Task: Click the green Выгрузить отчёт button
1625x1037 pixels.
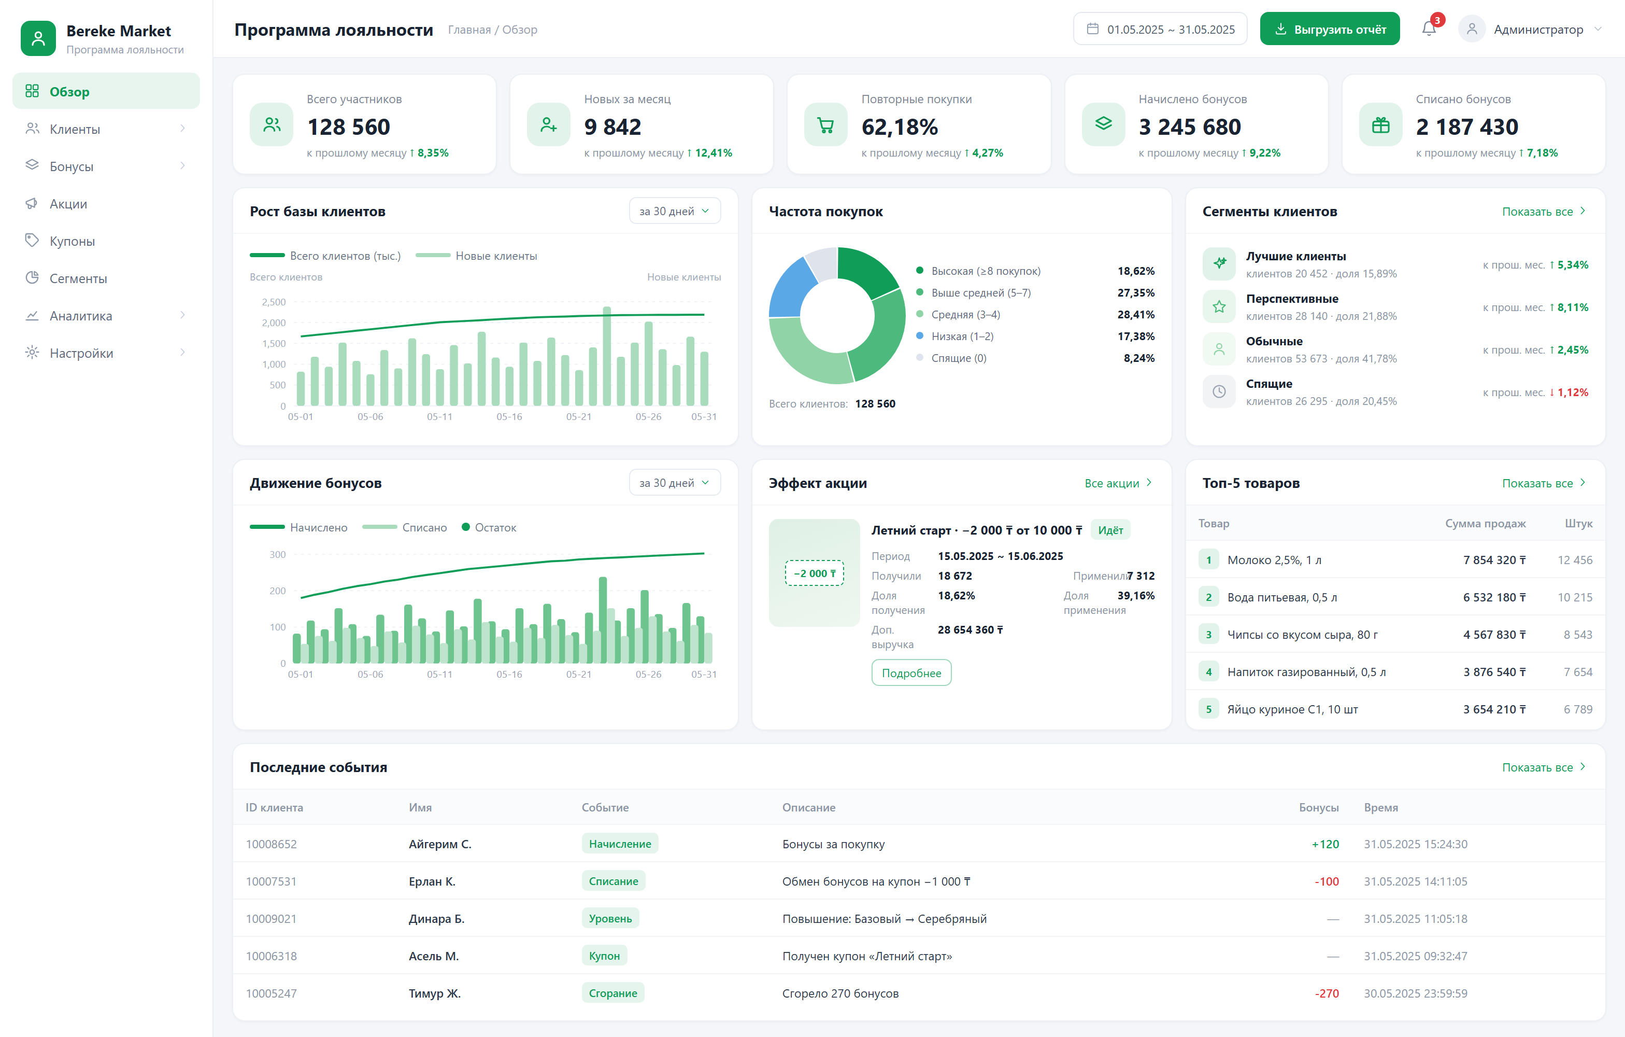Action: point(1330,29)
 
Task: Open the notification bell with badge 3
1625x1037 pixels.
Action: point(1429,29)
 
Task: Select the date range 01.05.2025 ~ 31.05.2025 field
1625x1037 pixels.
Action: point(1160,29)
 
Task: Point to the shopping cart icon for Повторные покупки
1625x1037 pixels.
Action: point(825,125)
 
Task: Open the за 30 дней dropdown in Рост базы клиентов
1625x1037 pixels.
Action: point(674,212)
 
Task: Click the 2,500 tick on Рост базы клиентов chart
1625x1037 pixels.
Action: point(273,302)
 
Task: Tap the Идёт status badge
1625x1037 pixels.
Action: point(1110,530)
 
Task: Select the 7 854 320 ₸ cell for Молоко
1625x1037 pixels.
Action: point(1494,559)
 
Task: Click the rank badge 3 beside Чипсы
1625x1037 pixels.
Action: point(1208,635)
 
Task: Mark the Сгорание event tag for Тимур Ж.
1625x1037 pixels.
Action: point(613,992)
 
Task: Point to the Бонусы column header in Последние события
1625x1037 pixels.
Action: point(1319,807)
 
